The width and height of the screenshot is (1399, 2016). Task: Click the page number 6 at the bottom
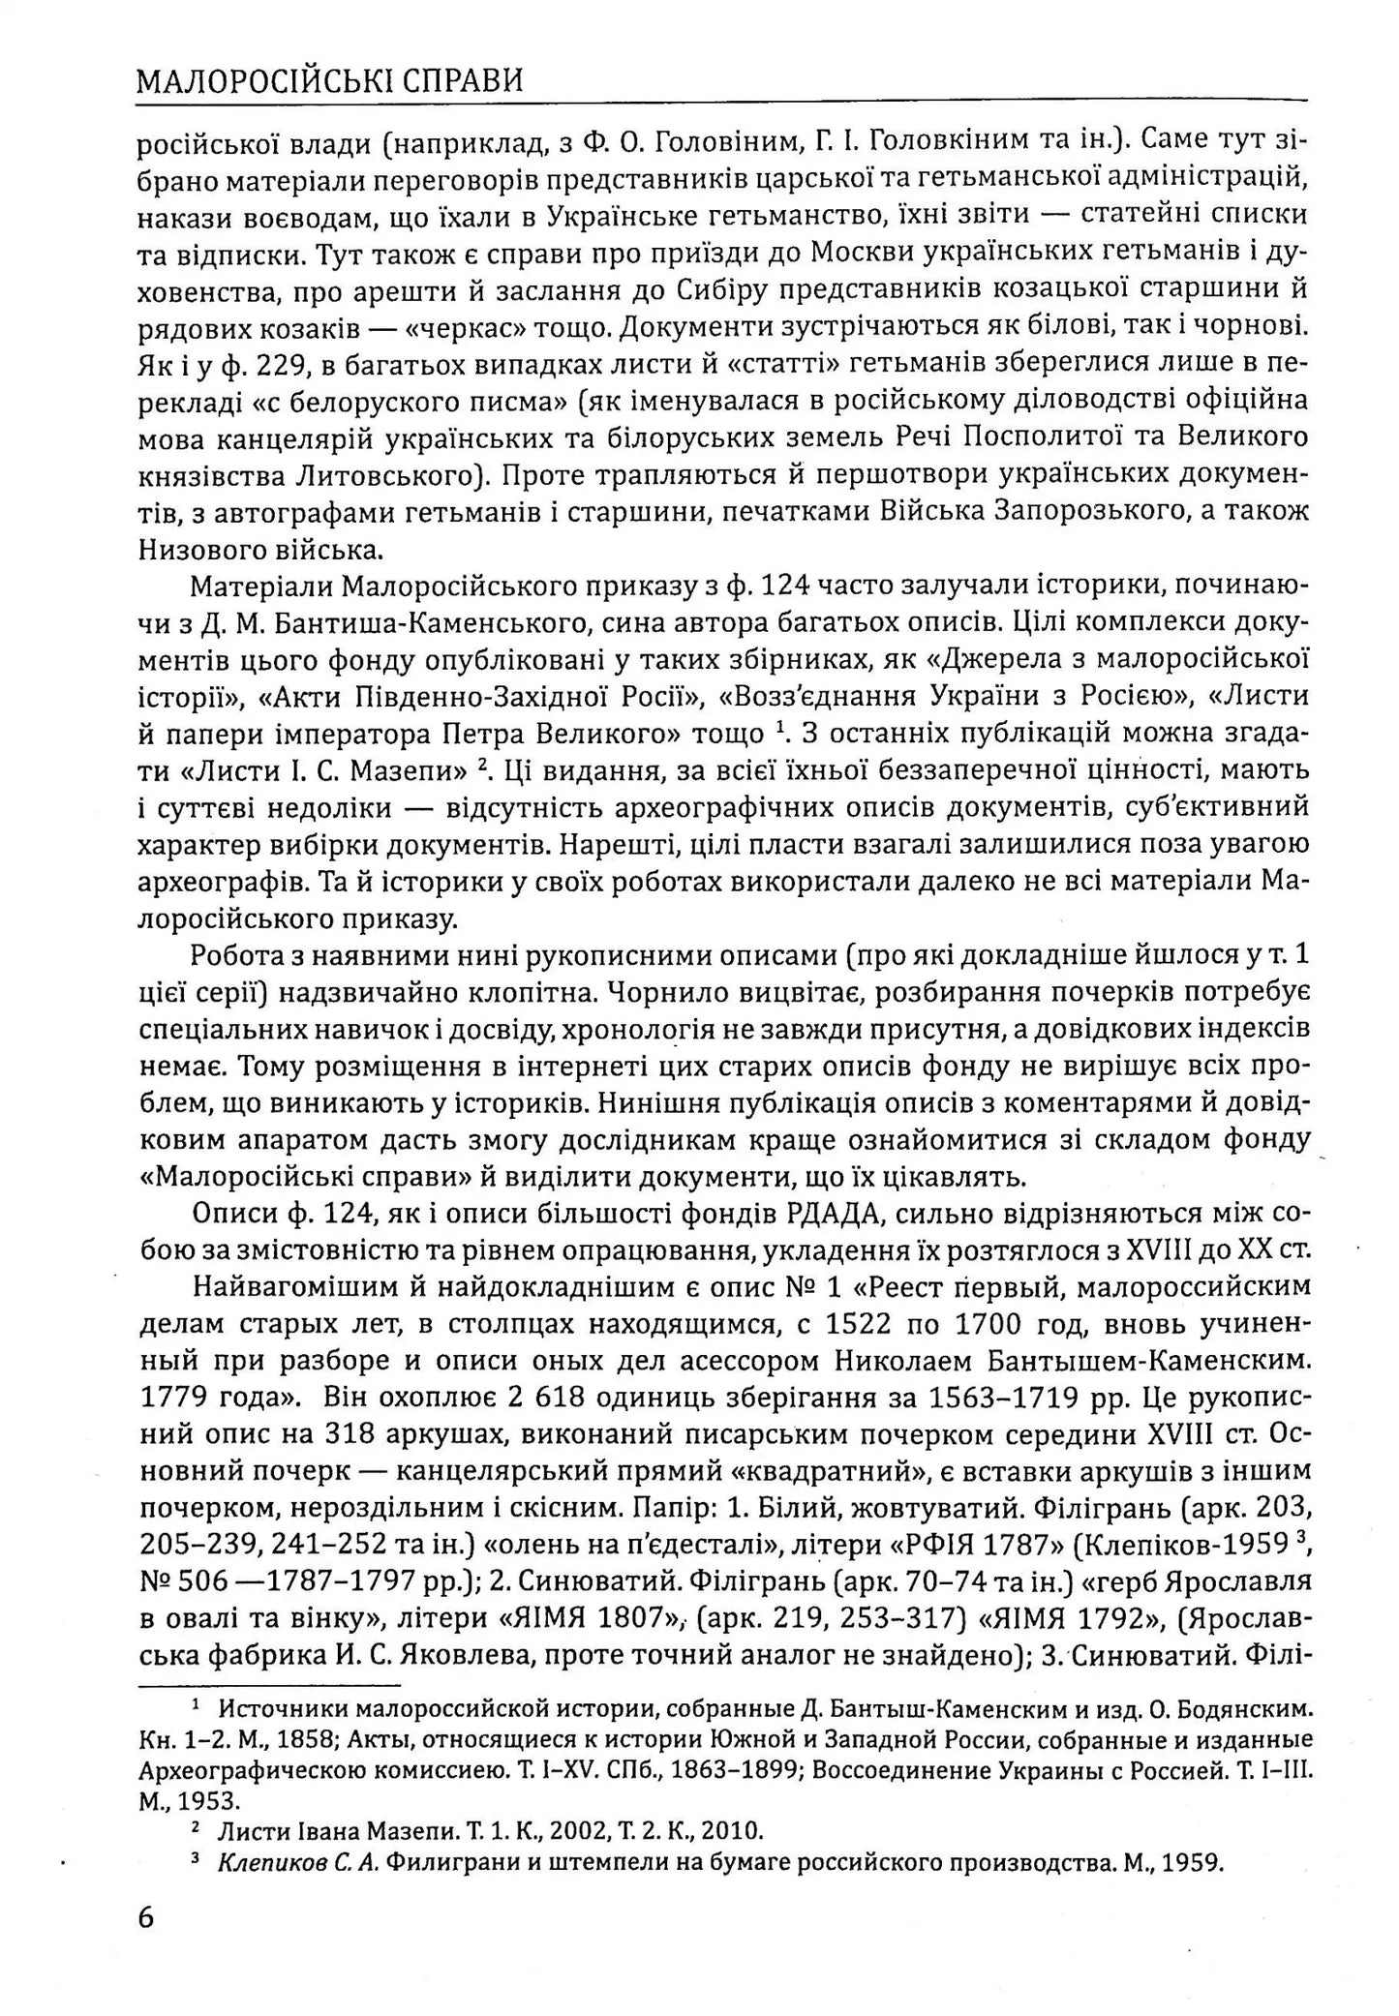click(146, 1916)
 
